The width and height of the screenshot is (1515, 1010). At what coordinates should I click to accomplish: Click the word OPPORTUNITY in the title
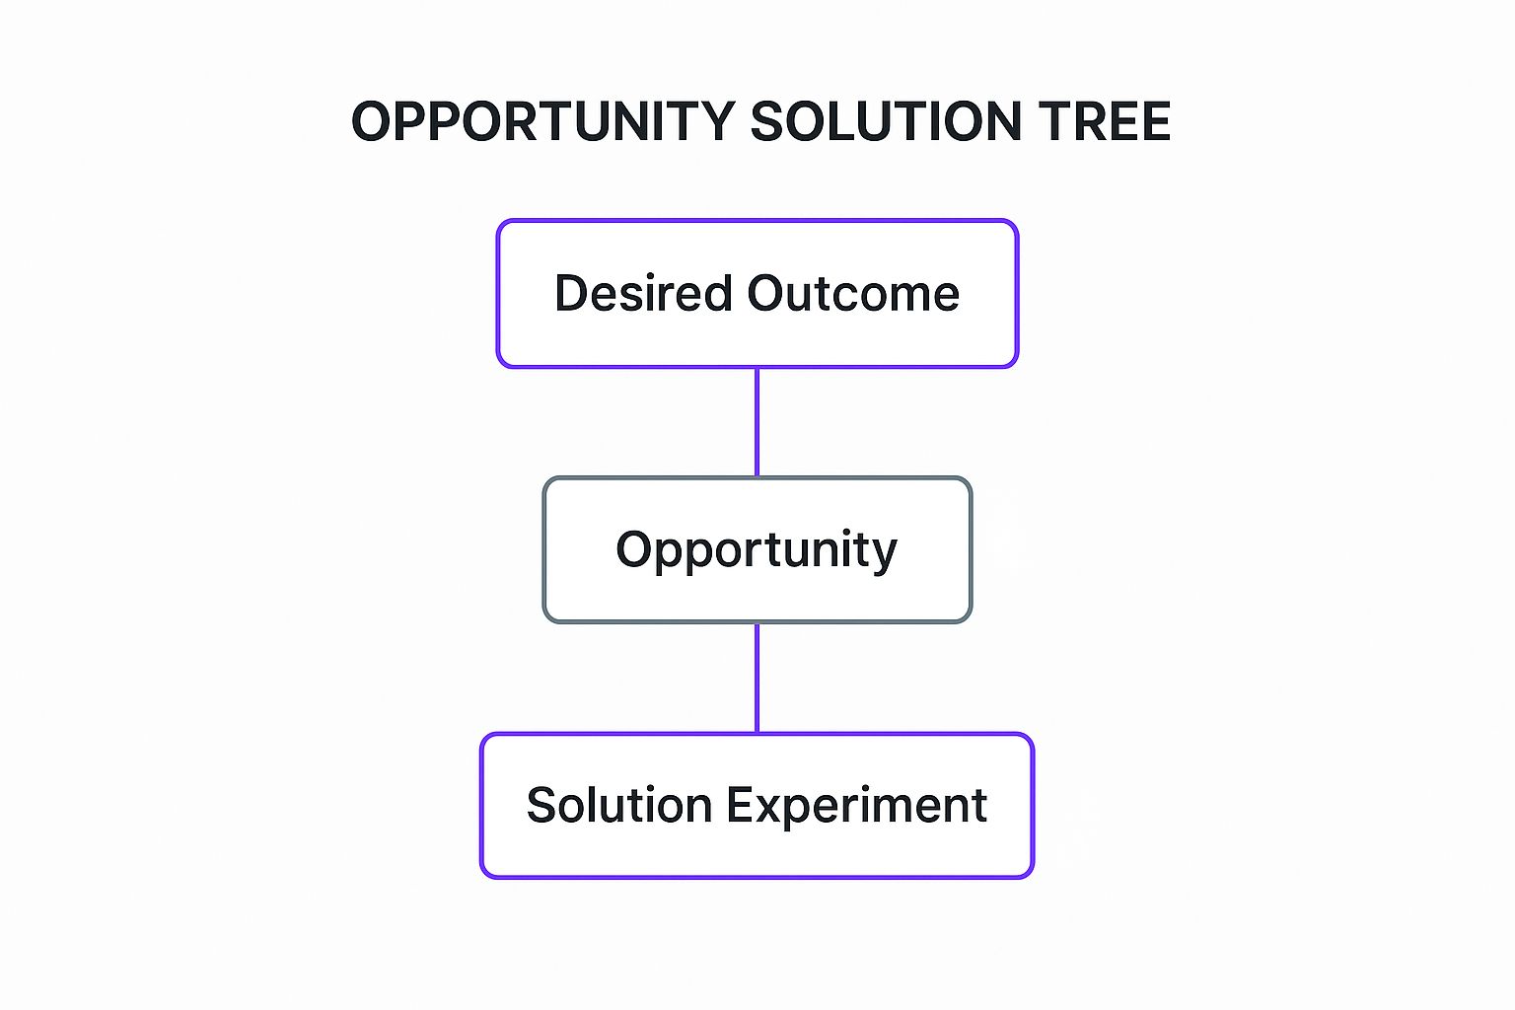[542, 122]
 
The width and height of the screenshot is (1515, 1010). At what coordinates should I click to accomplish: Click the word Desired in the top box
[643, 294]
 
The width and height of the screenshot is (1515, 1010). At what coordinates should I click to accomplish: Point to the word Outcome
[853, 294]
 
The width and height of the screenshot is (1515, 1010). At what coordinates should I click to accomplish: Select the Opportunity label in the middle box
[757, 550]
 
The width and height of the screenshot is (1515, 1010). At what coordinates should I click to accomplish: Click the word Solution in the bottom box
[618, 806]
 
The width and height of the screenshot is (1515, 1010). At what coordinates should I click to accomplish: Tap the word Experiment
[857, 806]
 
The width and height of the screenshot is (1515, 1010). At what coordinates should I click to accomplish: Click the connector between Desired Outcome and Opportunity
[757, 422]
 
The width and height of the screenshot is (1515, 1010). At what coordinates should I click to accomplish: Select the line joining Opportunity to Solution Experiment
[757, 678]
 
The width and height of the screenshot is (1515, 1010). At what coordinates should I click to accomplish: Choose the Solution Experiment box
[757, 853]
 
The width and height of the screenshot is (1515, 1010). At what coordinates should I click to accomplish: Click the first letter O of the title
[371, 122]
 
